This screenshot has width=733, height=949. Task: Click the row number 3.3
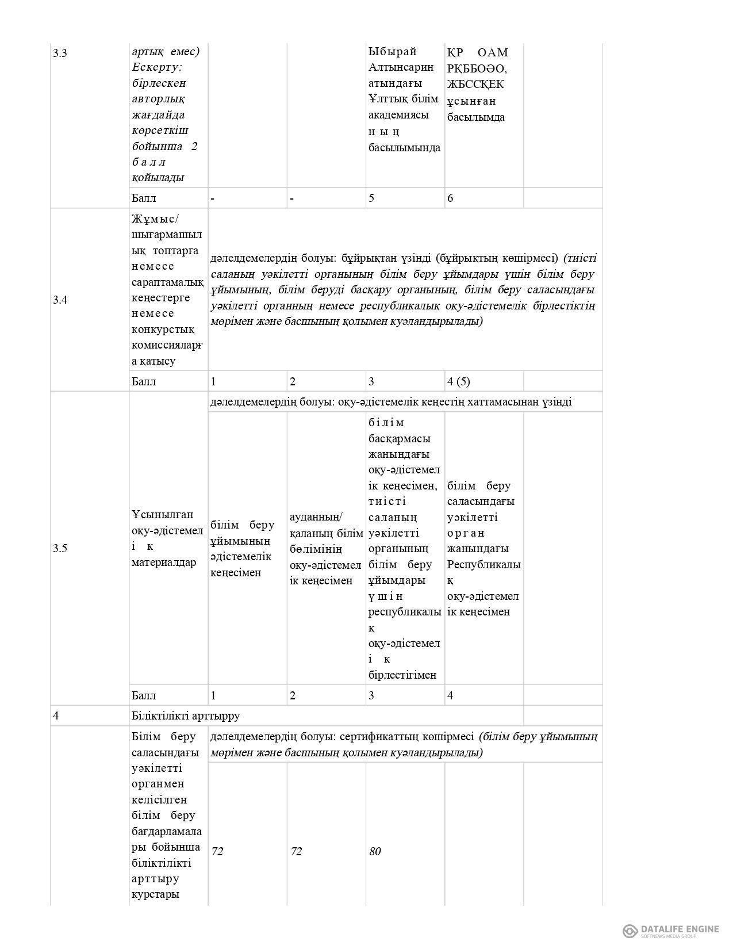(60, 53)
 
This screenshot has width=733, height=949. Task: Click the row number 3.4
(60, 300)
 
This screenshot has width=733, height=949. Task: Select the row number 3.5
(60, 548)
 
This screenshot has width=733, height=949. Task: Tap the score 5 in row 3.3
(371, 198)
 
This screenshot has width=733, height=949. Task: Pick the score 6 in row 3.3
(450, 198)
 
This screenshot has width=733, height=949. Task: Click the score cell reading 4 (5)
(458, 381)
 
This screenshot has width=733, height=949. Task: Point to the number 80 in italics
(375, 851)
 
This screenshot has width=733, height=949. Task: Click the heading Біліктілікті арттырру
(186, 716)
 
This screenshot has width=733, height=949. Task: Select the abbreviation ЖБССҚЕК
(476, 85)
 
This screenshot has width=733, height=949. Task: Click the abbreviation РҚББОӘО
(477, 68)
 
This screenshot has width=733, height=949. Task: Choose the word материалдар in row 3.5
(164, 562)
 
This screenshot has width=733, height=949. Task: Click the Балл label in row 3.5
(144, 695)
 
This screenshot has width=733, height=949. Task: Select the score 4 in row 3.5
(450, 695)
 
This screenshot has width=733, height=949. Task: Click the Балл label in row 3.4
(144, 381)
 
